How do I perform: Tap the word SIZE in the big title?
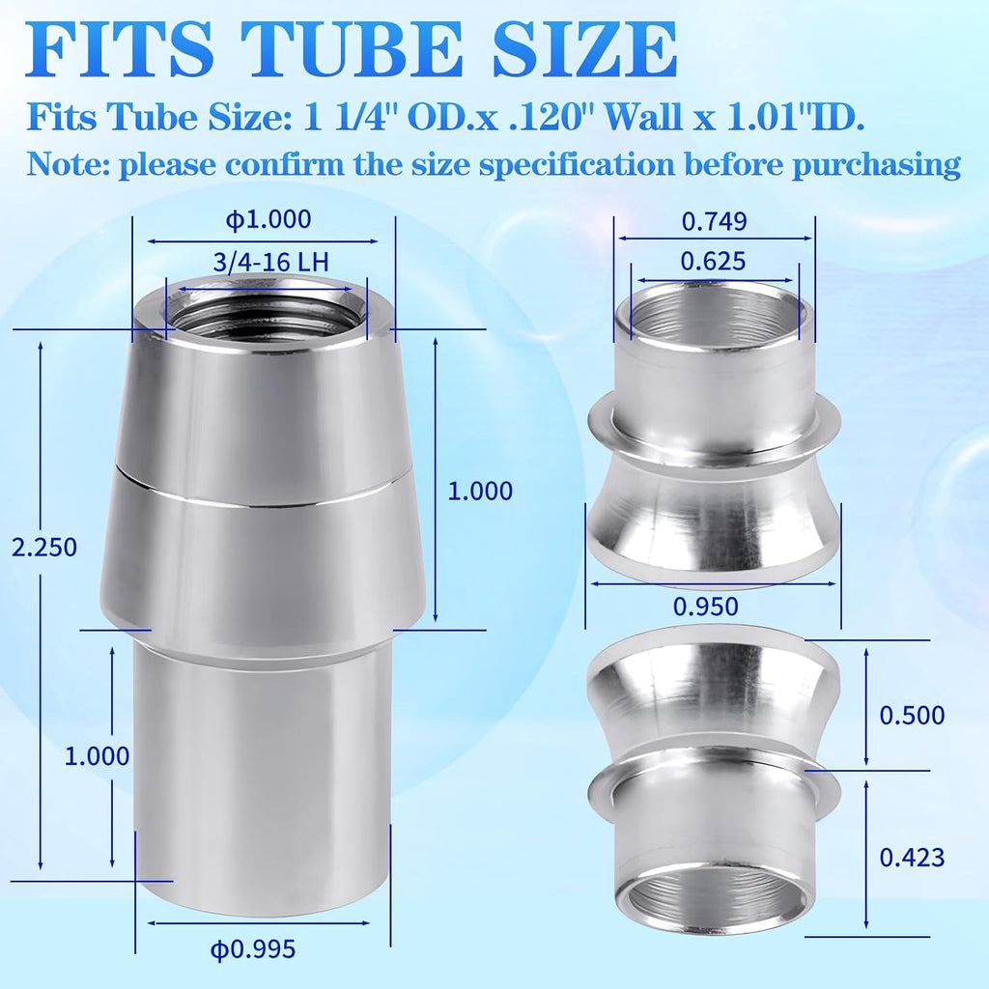point(584,49)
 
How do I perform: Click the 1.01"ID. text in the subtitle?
point(796,117)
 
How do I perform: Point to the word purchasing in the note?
point(877,165)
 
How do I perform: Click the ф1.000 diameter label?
point(268,219)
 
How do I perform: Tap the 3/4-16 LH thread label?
point(271,262)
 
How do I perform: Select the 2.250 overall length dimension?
point(44,547)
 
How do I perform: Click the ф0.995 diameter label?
point(253,949)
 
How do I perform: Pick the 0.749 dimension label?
point(714,221)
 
